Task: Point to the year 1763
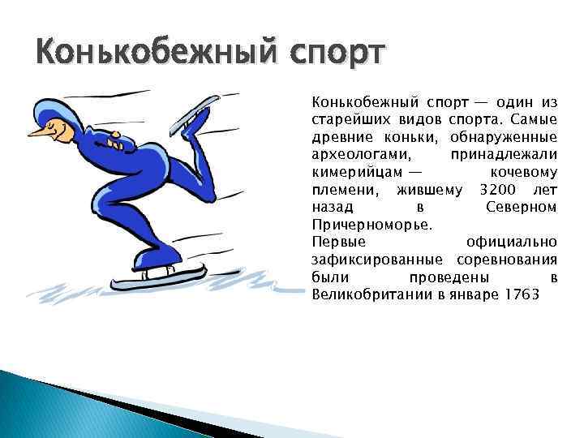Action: tap(520, 293)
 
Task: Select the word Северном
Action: tap(521, 207)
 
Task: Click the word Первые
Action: tap(338, 242)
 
